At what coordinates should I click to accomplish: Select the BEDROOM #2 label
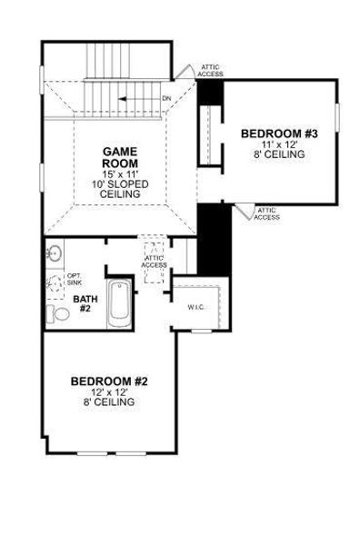109,380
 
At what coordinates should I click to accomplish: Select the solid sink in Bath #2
55,253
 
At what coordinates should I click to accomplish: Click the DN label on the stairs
165,98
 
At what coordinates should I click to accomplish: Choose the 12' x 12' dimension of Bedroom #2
109,391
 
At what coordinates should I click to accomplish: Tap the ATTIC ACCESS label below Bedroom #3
267,214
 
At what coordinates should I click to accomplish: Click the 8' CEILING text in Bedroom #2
109,401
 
